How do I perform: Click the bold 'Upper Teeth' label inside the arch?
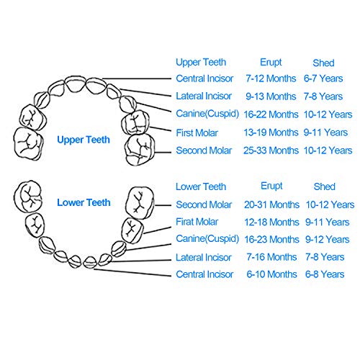pos(84,140)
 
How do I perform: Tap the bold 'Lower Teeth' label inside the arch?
pos(84,202)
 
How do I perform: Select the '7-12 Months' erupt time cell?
pos(271,78)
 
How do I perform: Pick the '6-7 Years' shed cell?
pos(323,78)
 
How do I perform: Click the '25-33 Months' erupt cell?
pos(271,150)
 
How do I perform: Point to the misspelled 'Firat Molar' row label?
pos(197,222)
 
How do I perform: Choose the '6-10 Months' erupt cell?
pos(271,274)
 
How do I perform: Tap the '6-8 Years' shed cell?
pos(325,274)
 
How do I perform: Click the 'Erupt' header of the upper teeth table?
pos(271,63)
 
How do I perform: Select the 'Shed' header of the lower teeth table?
pos(325,186)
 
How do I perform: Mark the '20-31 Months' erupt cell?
pos(271,204)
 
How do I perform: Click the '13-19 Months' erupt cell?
pos(271,132)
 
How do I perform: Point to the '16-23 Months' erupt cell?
pos(271,239)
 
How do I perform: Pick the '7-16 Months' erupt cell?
pos(271,257)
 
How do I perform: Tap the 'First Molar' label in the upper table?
pos(197,132)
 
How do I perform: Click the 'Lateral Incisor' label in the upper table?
pos(204,96)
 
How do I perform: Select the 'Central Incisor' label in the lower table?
pos(204,274)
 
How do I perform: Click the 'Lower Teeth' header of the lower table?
pos(201,186)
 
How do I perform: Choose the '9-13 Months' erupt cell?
pos(271,96)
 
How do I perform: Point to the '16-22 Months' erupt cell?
pos(271,114)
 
